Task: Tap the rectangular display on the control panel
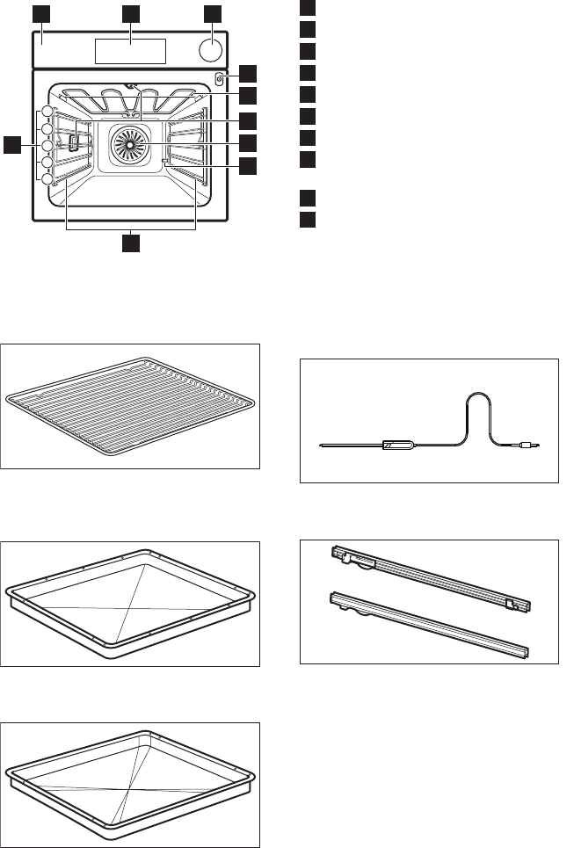pyautogui.click(x=131, y=51)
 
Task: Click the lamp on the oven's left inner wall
pyautogui.click(x=74, y=140)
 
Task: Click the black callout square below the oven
pyautogui.click(x=131, y=241)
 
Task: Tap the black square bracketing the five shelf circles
pyautogui.click(x=11, y=145)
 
